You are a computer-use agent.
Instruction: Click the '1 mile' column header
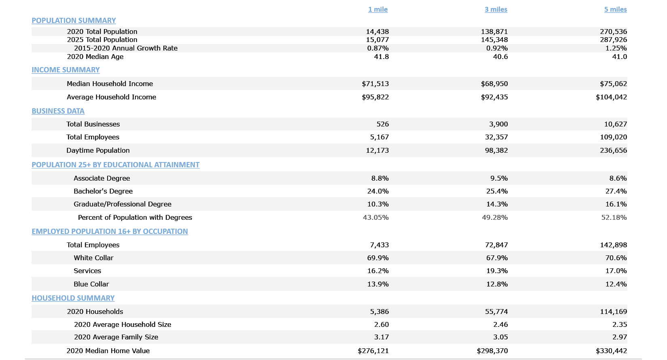378,9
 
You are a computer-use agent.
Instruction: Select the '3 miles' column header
496,9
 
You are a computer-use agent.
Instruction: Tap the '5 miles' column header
615,9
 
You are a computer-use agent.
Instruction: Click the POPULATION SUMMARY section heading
74,21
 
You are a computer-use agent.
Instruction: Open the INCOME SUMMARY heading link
65,70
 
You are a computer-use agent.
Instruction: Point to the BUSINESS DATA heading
58,111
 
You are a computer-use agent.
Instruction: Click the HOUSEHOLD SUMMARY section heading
73,298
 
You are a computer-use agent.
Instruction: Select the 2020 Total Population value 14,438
377,32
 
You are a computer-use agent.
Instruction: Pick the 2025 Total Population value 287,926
613,40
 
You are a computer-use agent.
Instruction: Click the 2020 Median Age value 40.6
500,57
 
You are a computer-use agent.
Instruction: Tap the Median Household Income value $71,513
375,84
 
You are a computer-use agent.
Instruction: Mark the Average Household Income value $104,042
611,97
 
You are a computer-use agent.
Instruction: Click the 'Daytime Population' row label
98,150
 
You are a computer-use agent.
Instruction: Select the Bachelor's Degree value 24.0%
378,191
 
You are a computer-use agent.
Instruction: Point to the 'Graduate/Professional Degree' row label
122,204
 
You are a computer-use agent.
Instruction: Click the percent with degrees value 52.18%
614,217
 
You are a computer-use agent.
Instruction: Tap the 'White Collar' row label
93,258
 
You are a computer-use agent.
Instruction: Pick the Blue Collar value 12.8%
497,284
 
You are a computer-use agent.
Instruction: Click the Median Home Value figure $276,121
373,351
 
